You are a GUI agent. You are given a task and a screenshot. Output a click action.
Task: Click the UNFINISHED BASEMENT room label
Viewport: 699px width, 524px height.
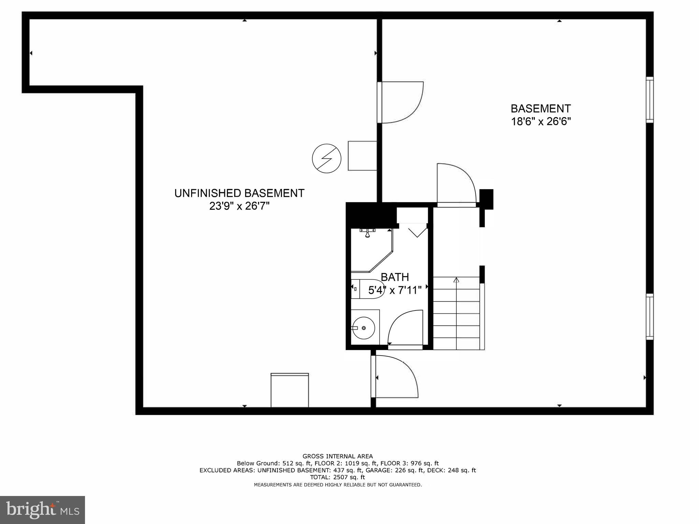coord(239,193)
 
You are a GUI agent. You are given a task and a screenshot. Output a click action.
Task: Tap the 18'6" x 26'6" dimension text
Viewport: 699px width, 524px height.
coord(541,122)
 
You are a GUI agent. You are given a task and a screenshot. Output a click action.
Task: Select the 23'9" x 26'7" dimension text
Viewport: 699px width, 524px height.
coord(239,206)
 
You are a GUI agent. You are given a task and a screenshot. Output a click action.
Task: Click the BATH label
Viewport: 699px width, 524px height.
coord(395,277)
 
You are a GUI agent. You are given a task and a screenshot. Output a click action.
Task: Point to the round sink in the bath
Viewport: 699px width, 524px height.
coord(363,328)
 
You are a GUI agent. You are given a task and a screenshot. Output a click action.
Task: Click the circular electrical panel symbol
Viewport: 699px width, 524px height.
coord(327,158)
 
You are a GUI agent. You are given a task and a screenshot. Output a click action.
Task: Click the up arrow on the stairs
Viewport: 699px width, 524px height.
coord(456,280)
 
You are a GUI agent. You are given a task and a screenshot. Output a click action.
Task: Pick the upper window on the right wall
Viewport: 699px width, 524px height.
coord(650,100)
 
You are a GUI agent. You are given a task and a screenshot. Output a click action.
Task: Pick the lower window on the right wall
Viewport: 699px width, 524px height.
coord(650,317)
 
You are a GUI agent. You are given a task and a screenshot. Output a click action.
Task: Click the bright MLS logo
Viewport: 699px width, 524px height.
coord(42,510)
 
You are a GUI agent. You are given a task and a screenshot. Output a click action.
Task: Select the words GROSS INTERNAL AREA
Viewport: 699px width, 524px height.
coord(338,456)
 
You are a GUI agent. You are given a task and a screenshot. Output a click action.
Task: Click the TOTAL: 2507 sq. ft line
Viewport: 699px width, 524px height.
coord(338,477)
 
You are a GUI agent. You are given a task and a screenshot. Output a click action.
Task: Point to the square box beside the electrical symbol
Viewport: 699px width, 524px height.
coord(362,156)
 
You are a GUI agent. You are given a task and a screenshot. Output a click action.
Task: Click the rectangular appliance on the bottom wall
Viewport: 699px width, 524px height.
coord(289,390)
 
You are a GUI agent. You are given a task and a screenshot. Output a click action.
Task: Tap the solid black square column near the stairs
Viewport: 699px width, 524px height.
coord(486,199)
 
